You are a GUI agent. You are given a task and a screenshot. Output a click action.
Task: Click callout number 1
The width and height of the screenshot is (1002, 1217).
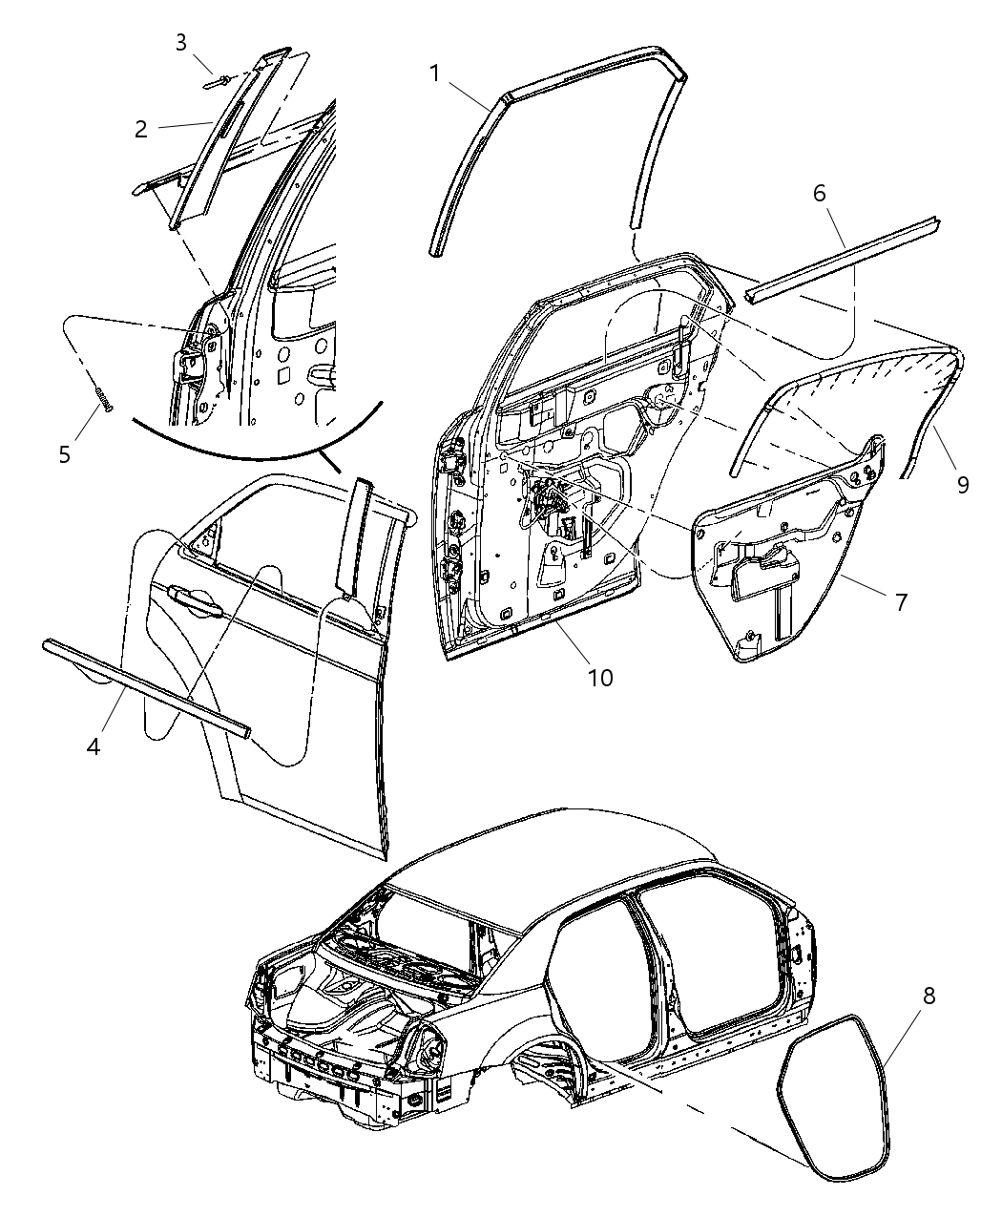(434, 73)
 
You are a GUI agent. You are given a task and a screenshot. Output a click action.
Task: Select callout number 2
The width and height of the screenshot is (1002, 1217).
(141, 130)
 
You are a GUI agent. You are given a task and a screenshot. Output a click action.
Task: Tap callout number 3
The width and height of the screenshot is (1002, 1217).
(180, 41)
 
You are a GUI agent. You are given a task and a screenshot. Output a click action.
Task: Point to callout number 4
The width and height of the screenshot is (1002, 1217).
(94, 746)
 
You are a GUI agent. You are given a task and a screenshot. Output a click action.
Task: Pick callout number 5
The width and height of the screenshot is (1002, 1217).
(65, 453)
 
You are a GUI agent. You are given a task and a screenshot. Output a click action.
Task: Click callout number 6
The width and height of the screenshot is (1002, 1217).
(819, 193)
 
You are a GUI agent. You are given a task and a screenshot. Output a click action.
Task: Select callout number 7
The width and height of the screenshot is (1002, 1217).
(899, 601)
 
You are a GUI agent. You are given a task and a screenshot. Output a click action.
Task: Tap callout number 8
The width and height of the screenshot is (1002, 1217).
(928, 996)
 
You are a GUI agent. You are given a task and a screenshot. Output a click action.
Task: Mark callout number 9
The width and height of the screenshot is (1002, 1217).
(963, 484)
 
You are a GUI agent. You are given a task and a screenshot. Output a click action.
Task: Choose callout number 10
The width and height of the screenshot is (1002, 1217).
(600, 678)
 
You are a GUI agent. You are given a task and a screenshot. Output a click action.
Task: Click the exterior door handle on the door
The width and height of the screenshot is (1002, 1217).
(196, 600)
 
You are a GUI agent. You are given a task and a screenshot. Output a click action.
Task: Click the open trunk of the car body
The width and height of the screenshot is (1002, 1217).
(353, 1002)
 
